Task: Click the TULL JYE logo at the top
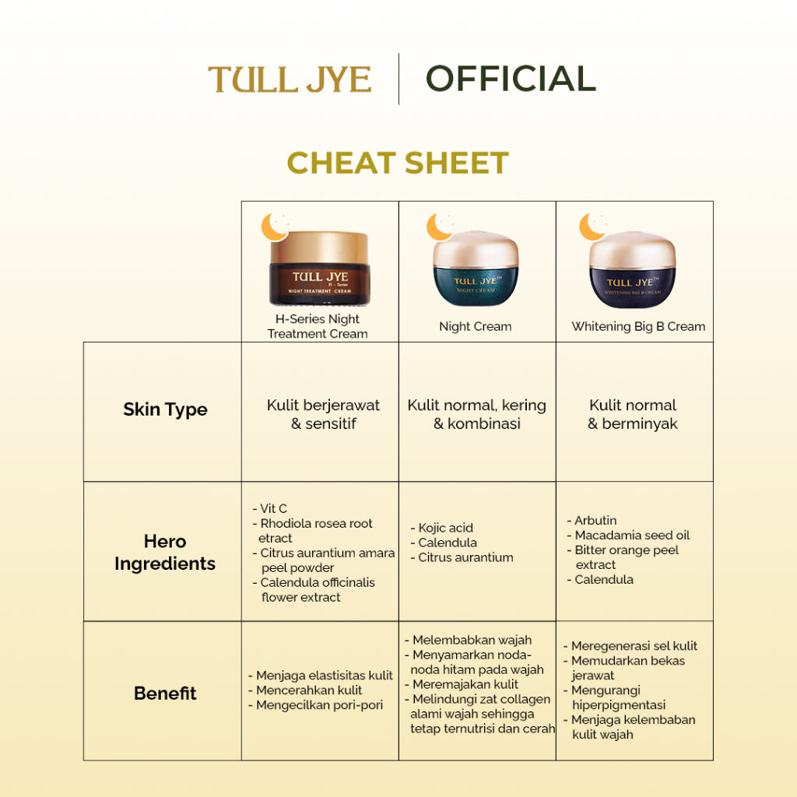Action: click(290, 79)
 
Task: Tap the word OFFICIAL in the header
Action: click(511, 79)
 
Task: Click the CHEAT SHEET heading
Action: click(398, 163)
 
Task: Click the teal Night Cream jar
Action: click(476, 271)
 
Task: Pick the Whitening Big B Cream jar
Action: click(633, 271)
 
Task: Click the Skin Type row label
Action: click(165, 410)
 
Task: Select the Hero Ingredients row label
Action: click(165, 553)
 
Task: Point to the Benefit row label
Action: click(165, 693)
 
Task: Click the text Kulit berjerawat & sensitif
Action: click(323, 414)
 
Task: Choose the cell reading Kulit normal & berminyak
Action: click(633, 414)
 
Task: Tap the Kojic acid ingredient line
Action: click(444, 528)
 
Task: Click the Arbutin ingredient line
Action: click(595, 521)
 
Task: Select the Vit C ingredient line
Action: click(272, 509)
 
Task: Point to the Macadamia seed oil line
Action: click(631, 535)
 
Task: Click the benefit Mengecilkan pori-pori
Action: click(319, 705)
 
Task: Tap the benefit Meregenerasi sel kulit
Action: click(634, 646)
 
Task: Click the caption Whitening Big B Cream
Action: click(638, 327)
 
